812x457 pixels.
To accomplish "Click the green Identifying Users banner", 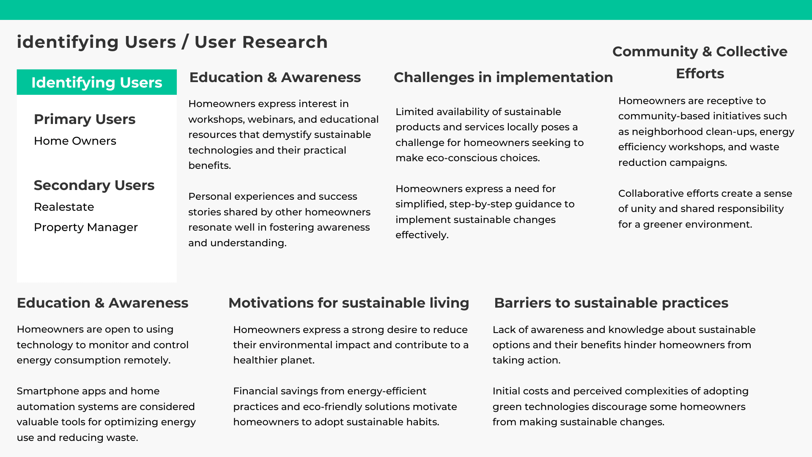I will pyautogui.click(x=97, y=83).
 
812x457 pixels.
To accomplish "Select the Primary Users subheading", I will pyautogui.click(x=85, y=119).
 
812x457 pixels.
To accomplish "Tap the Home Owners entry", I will pyautogui.click(x=75, y=141).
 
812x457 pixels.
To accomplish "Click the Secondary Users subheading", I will pyautogui.click(x=94, y=185).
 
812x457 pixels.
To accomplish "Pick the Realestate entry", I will pyautogui.click(x=64, y=207).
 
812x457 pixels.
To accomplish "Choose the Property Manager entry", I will pyautogui.click(x=86, y=227).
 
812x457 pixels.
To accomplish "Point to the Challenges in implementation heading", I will pyautogui.click(x=503, y=77).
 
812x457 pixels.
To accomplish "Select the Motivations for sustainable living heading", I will pyautogui.click(x=349, y=303).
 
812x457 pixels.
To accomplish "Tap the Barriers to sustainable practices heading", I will pyautogui.click(x=611, y=303).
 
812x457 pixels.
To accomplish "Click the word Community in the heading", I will pyautogui.click(x=655, y=52).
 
